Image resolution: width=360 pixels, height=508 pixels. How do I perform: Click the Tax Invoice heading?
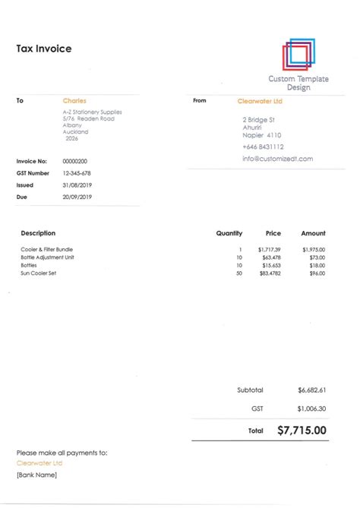(44, 49)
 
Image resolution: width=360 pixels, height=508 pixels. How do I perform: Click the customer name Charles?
(74, 100)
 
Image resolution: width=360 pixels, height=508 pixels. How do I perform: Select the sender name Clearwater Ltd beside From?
(260, 100)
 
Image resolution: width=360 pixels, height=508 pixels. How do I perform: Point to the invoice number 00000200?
(74, 161)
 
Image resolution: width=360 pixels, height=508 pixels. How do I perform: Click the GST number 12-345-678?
(77, 173)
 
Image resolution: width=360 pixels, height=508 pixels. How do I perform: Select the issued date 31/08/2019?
(77, 185)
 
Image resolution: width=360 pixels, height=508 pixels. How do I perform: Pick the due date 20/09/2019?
(77, 197)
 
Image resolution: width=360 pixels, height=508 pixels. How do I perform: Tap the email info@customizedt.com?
(278, 159)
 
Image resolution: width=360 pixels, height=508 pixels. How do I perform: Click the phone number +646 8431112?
(264, 147)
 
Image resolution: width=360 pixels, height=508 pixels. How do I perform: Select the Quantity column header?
(229, 233)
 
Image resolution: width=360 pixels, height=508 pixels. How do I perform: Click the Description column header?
(38, 233)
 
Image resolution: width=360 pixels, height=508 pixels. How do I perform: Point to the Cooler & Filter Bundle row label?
(47, 249)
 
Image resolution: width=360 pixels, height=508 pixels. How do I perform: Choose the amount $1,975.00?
(313, 249)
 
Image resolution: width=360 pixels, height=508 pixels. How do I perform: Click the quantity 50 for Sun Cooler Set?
(238, 273)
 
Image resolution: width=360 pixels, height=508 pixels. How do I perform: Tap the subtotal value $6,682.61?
(312, 390)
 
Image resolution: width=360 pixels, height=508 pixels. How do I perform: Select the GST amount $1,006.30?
(312, 408)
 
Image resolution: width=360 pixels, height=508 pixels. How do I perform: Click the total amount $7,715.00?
(302, 430)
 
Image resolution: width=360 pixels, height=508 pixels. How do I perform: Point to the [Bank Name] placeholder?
(36, 475)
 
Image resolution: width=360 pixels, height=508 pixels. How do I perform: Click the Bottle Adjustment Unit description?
(47, 257)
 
